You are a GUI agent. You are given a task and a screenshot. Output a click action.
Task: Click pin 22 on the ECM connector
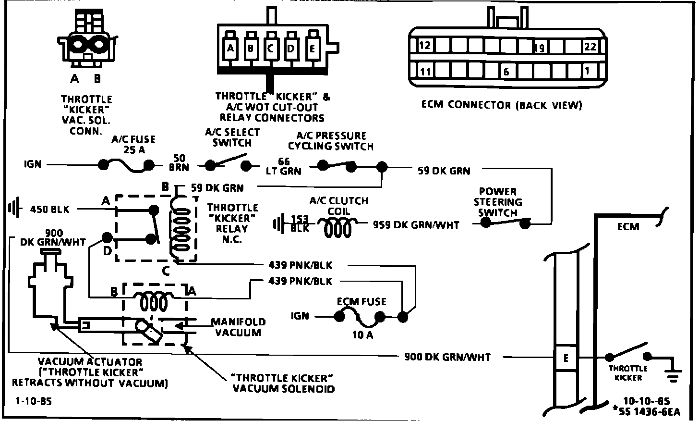click(x=590, y=47)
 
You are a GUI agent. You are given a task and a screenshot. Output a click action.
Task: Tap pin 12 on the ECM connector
click(x=424, y=46)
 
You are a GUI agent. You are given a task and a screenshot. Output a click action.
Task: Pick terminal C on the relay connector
click(x=270, y=49)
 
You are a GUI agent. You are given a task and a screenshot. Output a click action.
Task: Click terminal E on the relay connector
click(x=312, y=49)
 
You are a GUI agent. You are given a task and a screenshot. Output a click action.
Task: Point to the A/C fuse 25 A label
click(x=133, y=144)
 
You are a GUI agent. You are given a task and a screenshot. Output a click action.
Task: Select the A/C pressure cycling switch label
click(x=331, y=140)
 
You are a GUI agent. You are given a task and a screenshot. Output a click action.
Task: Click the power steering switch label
click(x=498, y=202)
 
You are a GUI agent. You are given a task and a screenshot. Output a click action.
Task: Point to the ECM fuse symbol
click(x=359, y=316)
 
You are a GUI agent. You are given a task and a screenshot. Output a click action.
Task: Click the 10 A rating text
click(x=362, y=335)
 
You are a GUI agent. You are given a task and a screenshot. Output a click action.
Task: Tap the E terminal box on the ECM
click(x=566, y=359)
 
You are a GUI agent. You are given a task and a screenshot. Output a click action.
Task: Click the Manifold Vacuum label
click(x=238, y=327)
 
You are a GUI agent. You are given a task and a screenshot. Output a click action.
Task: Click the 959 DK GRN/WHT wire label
click(x=416, y=224)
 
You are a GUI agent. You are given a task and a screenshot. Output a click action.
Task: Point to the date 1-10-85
click(x=33, y=402)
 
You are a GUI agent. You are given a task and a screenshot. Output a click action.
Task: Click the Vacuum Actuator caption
click(x=90, y=372)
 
